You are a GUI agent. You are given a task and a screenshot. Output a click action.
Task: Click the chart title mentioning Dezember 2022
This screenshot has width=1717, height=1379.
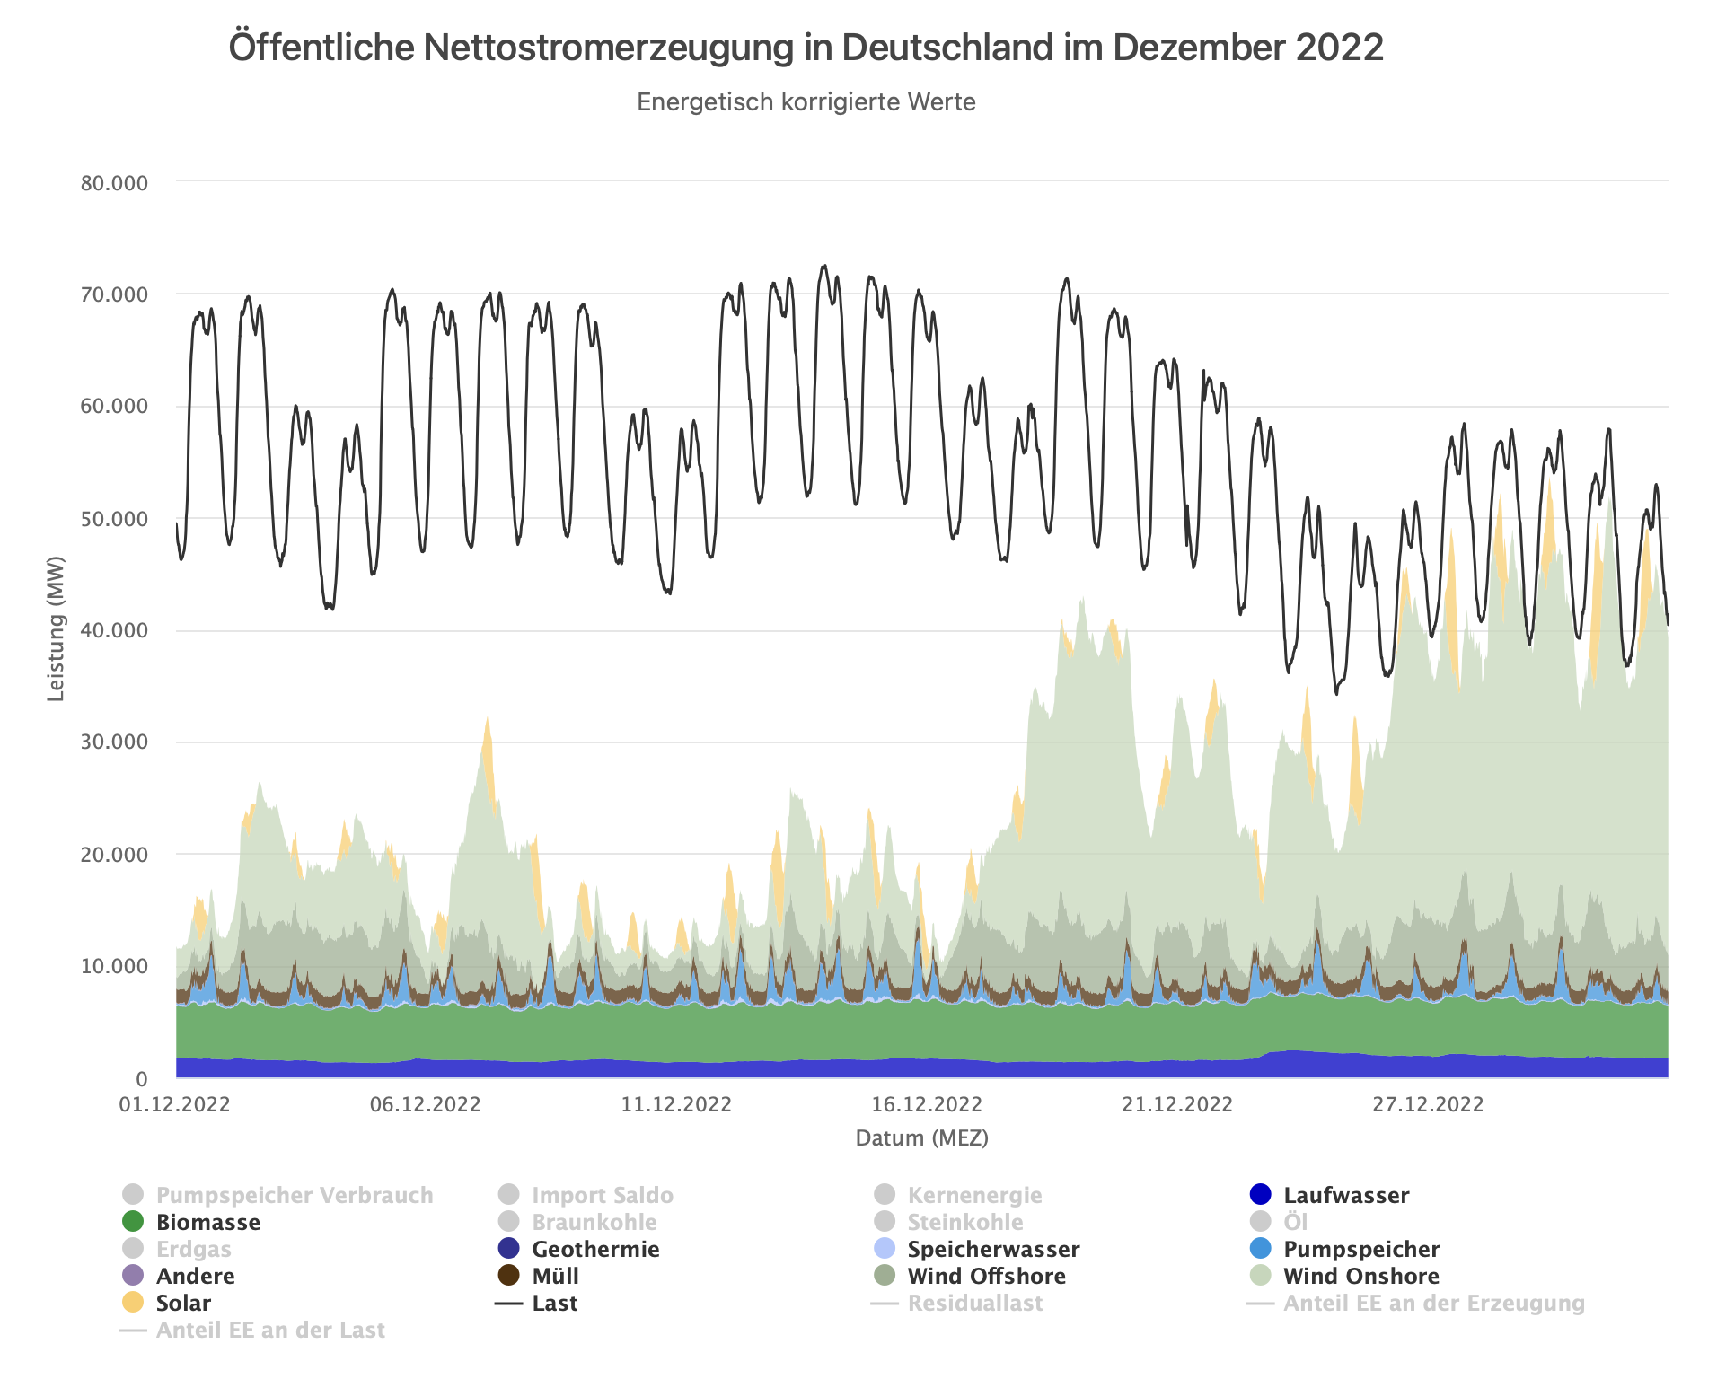click(806, 48)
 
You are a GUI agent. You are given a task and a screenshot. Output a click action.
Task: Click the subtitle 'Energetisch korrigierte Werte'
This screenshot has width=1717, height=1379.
click(806, 102)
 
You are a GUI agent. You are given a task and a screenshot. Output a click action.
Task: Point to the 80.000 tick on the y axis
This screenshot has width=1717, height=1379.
click(114, 183)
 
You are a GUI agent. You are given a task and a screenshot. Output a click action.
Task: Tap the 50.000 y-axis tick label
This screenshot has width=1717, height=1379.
click(114, 519)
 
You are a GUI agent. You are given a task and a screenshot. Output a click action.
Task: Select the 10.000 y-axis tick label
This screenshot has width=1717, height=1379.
click(114, 966)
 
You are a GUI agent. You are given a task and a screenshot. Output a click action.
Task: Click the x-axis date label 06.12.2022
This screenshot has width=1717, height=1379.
click(425, 1104)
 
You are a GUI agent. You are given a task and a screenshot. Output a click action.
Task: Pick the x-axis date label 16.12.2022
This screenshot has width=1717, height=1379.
click(927, 1104)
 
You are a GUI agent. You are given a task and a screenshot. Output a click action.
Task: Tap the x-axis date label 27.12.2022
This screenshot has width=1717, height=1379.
click(1428, 1104)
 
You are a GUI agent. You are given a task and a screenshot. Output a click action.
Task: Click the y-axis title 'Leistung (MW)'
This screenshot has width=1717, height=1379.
click(57, 628)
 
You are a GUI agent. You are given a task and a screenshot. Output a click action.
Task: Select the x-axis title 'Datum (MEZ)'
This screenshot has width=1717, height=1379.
click(921, 1138)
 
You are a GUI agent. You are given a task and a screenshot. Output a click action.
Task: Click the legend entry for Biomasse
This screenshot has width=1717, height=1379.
click(207, 1222)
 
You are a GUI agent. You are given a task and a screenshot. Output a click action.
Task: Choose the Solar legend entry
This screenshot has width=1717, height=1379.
click(183, 1303)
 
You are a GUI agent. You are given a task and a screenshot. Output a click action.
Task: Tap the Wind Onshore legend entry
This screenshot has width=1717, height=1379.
click(1360, 1276)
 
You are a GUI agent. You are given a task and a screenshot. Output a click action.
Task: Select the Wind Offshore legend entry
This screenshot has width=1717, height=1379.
click(986, 1276)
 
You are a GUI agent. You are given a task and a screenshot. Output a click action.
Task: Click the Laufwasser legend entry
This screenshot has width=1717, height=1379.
click(1345, 1195)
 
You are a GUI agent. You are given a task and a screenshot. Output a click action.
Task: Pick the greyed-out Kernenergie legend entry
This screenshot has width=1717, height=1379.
click(974, 1195)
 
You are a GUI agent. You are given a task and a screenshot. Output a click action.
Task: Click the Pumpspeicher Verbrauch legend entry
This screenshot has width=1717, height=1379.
click(294, 1195)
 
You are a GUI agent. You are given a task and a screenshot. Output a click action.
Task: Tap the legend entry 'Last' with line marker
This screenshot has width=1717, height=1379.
click(554, 1303)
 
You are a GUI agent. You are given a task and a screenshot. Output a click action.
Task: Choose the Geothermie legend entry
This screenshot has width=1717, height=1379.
click(595, 1249)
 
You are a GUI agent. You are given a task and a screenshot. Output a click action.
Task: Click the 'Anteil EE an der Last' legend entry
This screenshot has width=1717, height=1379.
click(269, 1330)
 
